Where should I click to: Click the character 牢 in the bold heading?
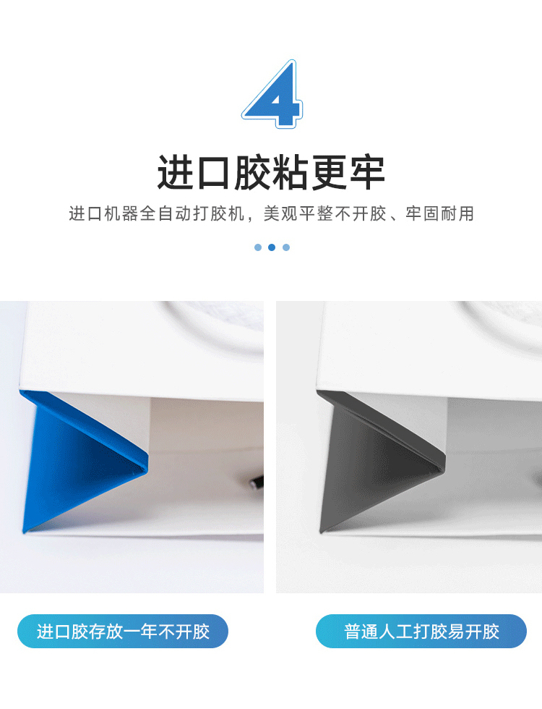[x=367, y=172]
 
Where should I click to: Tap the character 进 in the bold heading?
[x=175, y=172]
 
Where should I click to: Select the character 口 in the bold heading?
[x=214, y=173]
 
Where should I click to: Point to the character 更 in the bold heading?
[x=328, y=172]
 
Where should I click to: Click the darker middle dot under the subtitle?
[x=272, y=247]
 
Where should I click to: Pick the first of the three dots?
[x=258, y=247]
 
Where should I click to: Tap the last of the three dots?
[x=286, y=247]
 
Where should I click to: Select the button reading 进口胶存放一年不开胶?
[x=123, y=631]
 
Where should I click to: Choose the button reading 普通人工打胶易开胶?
[x=421, y=631]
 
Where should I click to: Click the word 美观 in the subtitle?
[x=281, y=213]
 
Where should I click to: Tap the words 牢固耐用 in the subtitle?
[x=439, y=213]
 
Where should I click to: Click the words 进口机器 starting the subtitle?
[x=103, y=213]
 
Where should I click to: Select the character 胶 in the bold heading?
[x=251, y=172]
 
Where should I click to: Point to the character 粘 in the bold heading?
[x=290, y=172]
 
